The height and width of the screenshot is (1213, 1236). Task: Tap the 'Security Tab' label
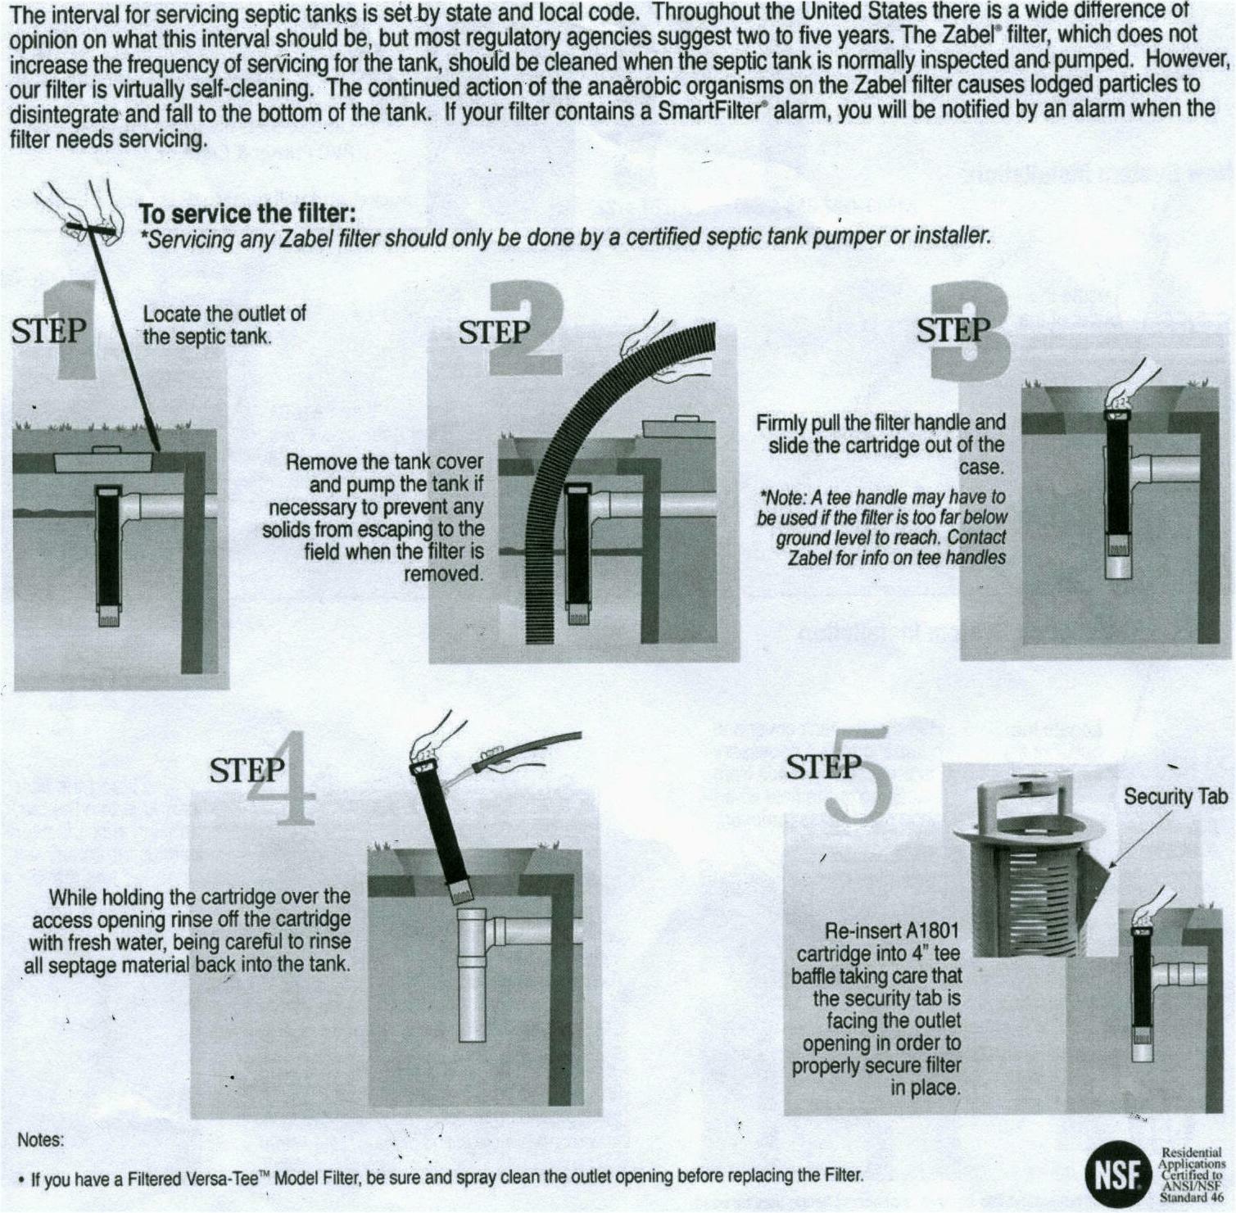[x=1175, y=796]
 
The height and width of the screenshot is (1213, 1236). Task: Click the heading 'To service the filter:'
[x=247, y=214]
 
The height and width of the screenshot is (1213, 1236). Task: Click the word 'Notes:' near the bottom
[x=40, y=1139]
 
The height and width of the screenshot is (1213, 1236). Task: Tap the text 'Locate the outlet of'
[x=224, y=314]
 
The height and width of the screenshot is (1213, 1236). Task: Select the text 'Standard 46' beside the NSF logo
[x=1190, y=1196]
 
